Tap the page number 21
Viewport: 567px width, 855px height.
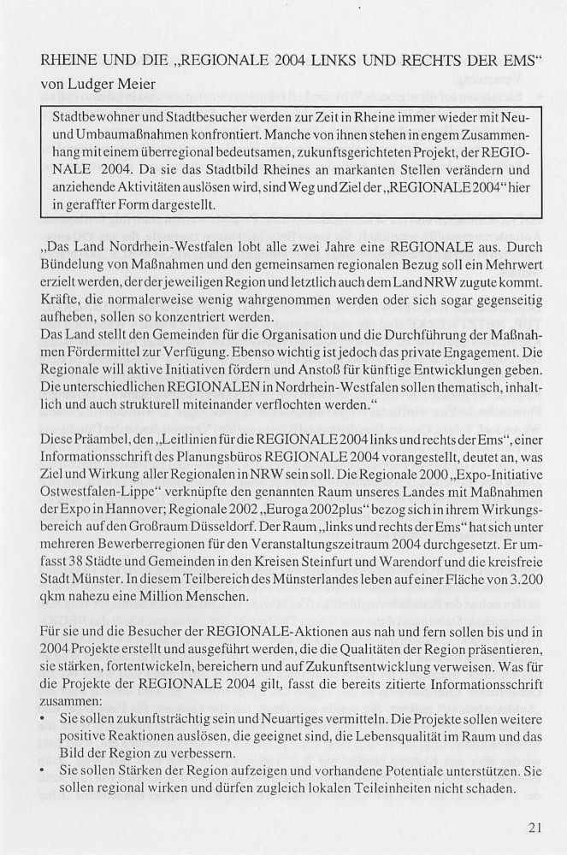[536, 828]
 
